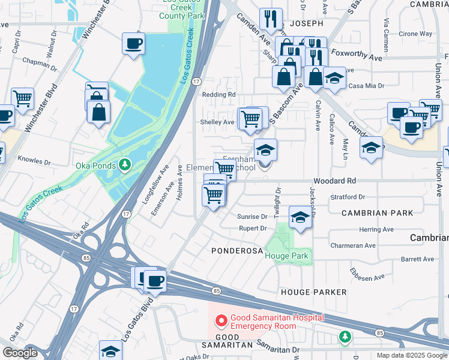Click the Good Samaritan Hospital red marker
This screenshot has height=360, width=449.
[221, 321]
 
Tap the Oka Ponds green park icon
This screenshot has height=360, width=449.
[125, 164]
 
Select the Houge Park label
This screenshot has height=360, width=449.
[286, 256]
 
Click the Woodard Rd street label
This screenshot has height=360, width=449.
[334, 181]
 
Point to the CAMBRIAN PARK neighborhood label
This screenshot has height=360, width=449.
[377, 213]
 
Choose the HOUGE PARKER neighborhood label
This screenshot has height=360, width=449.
[313, 292]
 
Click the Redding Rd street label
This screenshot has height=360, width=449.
[218, 95]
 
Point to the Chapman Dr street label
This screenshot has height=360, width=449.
[40, 61]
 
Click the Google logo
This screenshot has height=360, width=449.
[19, 353]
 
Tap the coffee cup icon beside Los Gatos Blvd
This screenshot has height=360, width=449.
[155, 281]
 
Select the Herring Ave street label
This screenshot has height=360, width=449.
[376, 229]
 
